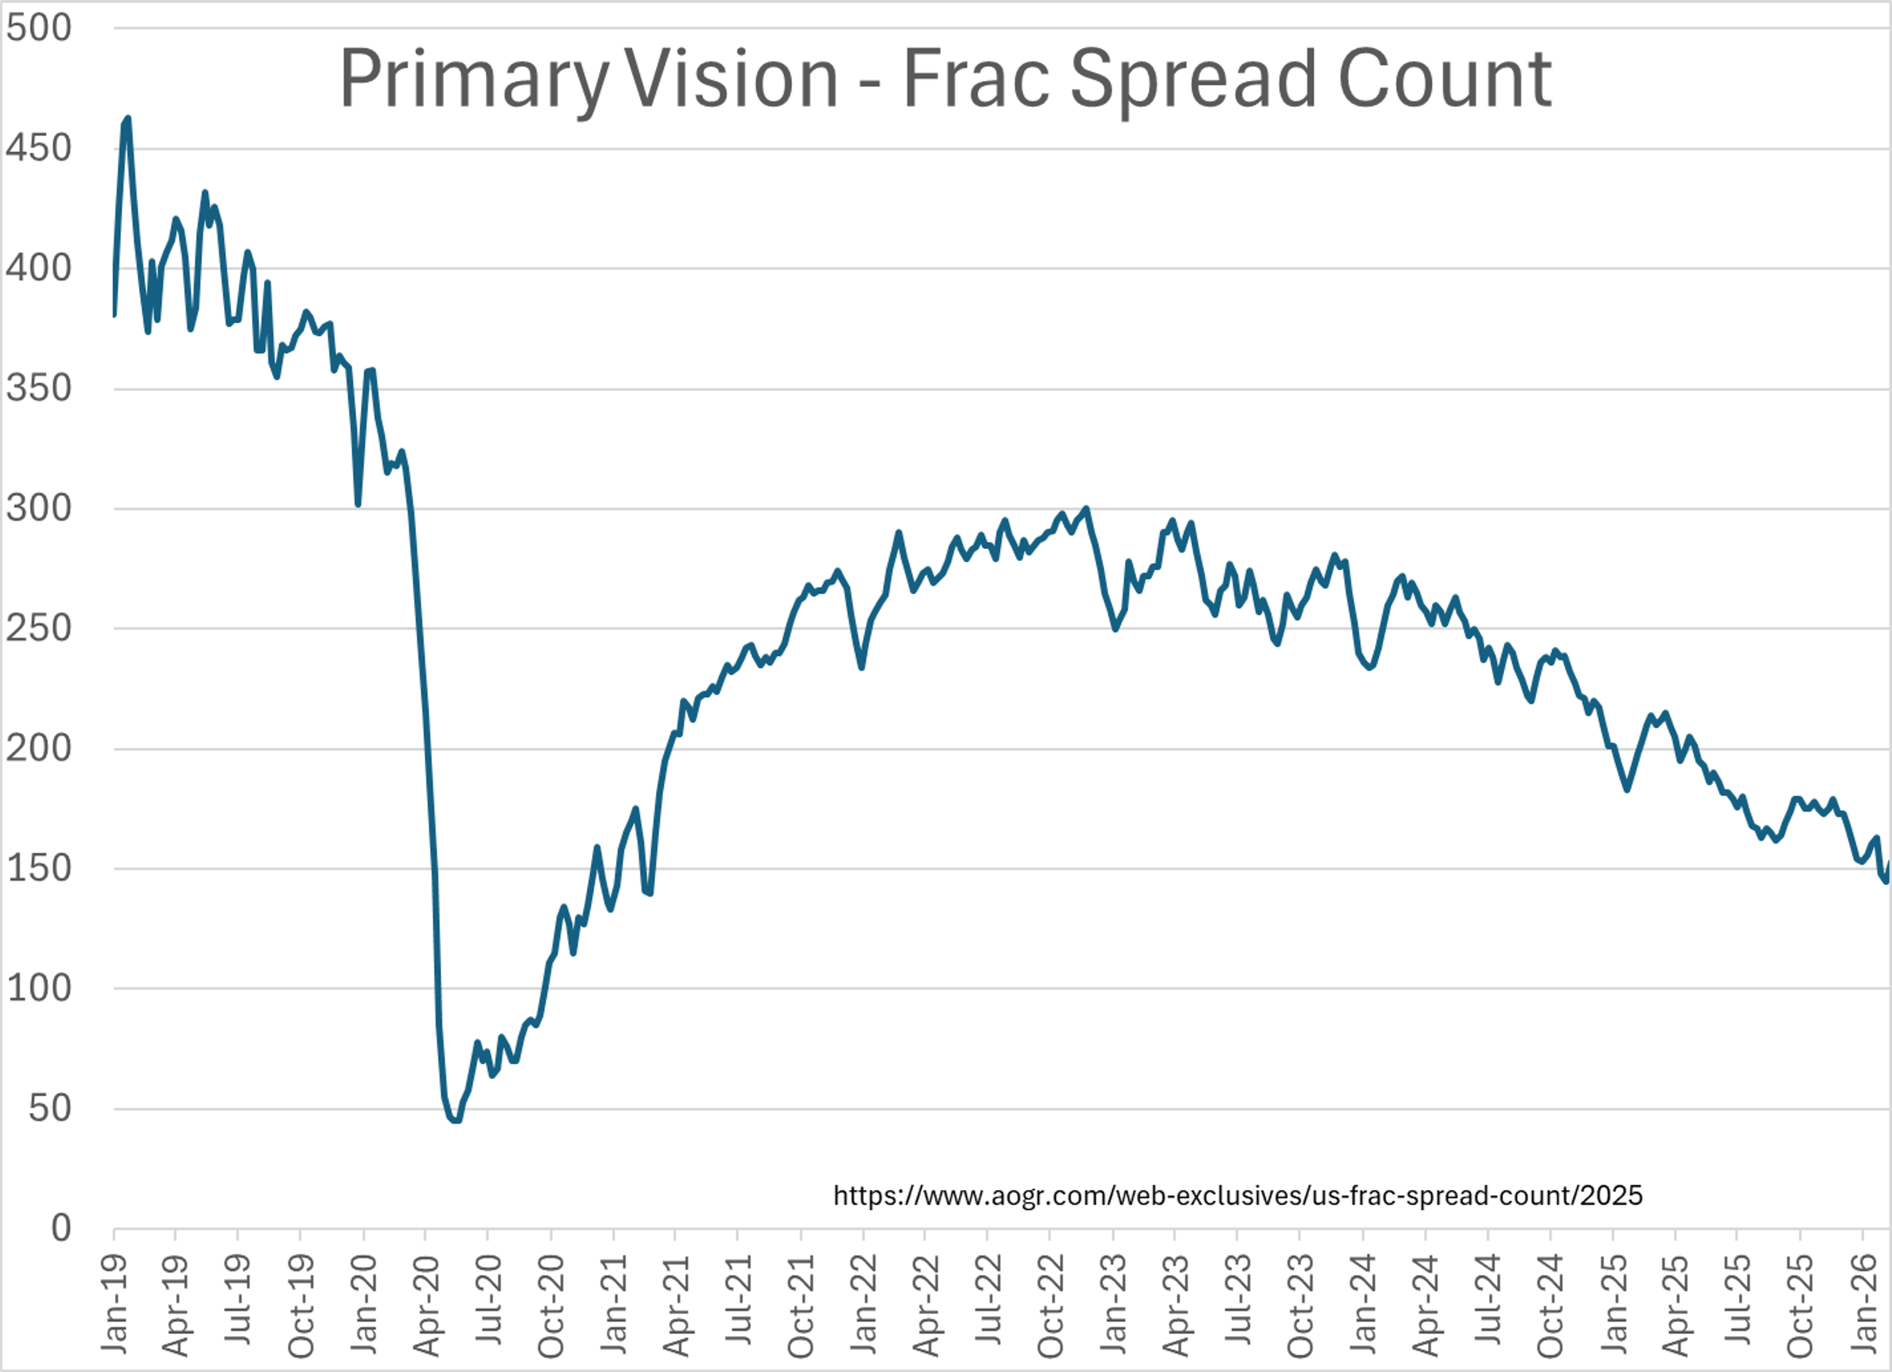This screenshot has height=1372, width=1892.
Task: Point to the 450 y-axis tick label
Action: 38,148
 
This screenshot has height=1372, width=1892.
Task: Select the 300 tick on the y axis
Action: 38,508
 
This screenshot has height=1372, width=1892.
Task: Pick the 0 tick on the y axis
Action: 61,1228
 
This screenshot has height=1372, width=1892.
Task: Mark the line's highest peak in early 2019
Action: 127,119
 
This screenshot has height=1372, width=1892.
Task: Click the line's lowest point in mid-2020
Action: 455,1120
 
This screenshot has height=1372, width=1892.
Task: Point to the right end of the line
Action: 1889,863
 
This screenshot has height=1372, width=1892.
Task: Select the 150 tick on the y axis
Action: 38,868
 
